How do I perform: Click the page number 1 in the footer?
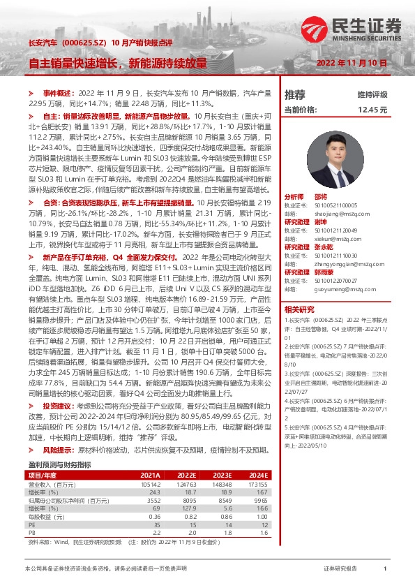click(384, 569)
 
